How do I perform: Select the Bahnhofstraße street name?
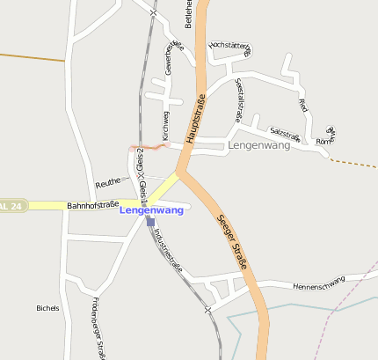pos(92,204)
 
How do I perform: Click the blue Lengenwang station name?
pos(151,210)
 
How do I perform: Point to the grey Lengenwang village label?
pos(258,145)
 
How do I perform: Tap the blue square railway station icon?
pos(151,223)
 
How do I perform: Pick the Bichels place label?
pos(47,308)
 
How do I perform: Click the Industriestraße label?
pos(167,249)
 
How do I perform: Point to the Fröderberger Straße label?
pos(98,328)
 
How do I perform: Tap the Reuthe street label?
pos(107,182)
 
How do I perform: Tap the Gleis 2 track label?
pos(140,163)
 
